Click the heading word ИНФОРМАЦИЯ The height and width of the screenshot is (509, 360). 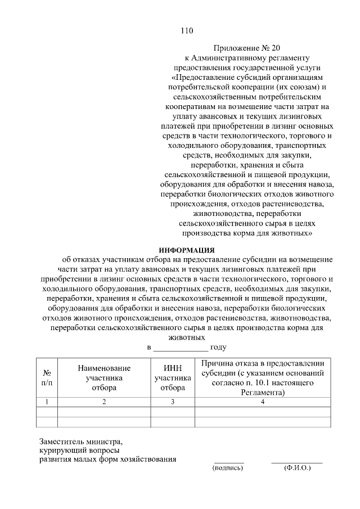click(x=187, y=250)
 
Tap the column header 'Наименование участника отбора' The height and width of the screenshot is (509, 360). click(x=104, y=377)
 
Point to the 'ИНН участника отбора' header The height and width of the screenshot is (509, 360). click(x=173, y=377)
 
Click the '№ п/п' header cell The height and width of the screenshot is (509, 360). click(x=47, y=377)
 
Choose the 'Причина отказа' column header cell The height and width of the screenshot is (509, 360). click(x=262, y=377)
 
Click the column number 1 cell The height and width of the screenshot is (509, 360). click(x=47, y=402)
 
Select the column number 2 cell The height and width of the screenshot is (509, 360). click(x=104, y=402)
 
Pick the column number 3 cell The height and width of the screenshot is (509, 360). click(x=173, y=402)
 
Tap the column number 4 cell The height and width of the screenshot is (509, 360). click(x=262, y=402)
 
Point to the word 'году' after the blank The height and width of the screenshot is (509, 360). click(x=218, y=348)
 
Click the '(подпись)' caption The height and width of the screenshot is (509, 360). click(x=228, y=467)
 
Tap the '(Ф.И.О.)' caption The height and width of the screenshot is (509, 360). click(x=298, y=467)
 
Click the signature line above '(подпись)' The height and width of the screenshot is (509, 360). click(x=229, y=462)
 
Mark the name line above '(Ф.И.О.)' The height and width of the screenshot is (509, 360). click(x=297, y=462)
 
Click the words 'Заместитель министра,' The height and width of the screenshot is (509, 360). click(x=80, y=442)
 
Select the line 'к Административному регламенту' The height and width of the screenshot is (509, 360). click(x=247, y=57)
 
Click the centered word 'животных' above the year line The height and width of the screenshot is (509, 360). click(x=186, y=338)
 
